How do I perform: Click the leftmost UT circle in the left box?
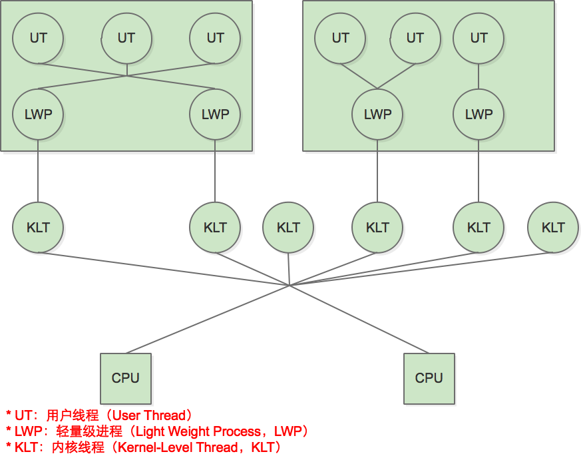click(38, 38)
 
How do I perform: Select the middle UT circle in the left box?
click(126, 38)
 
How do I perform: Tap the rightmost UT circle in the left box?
click(215, 38)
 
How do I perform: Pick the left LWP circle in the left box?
click(38, 114)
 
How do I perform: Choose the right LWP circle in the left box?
click(215, 114)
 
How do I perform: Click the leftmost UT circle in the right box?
click(340, 38)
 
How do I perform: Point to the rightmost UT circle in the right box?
click(479, 38)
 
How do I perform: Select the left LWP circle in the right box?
click(377, 114)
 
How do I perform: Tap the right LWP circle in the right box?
click(479, 114)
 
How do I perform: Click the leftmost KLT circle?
click(38, 228)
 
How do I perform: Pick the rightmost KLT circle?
click(553, 228)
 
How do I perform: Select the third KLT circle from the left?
click(288, 228)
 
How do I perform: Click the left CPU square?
click(126, 378)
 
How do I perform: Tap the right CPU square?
click(429, 378)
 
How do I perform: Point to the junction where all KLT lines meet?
click(290, 286)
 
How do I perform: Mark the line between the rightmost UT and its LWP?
click(479, 76)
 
